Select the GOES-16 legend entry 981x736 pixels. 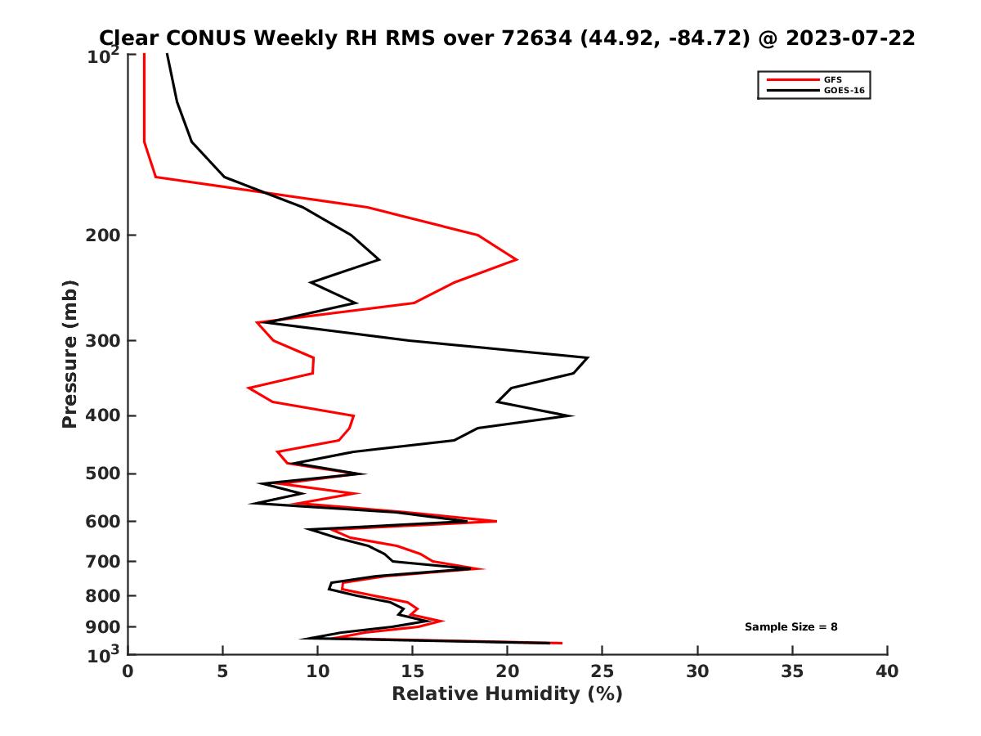(844, 89)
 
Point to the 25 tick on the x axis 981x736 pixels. (602, 654)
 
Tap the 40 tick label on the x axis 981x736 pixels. (887, 672)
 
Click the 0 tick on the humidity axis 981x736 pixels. (128, 654)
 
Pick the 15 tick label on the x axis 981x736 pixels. (412, 672)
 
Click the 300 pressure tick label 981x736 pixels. (101, 340)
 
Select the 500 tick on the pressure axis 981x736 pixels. (128, 473)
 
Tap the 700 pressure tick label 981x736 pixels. (101, 561)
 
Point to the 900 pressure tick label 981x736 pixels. (101, 627)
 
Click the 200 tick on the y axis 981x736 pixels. (128, 236)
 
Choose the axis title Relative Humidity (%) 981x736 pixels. (507, 694)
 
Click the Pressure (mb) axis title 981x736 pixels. (69, 353)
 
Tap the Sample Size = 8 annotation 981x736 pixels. (791, 627)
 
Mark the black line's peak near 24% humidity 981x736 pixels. (588, 358)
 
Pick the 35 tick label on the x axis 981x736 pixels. (792, 672)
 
